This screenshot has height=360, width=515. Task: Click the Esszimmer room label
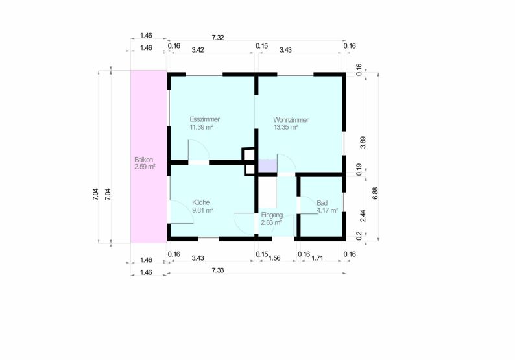204,119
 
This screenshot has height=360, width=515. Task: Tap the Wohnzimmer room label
291,120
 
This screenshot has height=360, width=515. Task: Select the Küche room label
200,202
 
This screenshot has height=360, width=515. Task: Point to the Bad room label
322,203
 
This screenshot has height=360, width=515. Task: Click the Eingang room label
272,215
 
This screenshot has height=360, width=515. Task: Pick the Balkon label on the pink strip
143,160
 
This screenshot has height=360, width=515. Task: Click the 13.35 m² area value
285,127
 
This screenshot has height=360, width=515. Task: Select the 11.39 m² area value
201,126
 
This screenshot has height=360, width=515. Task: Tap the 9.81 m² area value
202,210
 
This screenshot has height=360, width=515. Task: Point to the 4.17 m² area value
327,211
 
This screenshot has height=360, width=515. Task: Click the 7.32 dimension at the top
218,38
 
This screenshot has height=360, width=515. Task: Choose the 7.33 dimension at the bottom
218,270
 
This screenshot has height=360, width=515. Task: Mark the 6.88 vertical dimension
376,193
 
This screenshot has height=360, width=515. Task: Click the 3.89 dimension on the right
363,142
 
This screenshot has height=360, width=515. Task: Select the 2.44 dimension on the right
363,216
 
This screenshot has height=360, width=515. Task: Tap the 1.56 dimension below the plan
274,258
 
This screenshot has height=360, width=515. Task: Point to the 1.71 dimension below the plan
317,258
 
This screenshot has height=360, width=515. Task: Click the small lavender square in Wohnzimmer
267,165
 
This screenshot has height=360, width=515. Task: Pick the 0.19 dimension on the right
359,169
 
